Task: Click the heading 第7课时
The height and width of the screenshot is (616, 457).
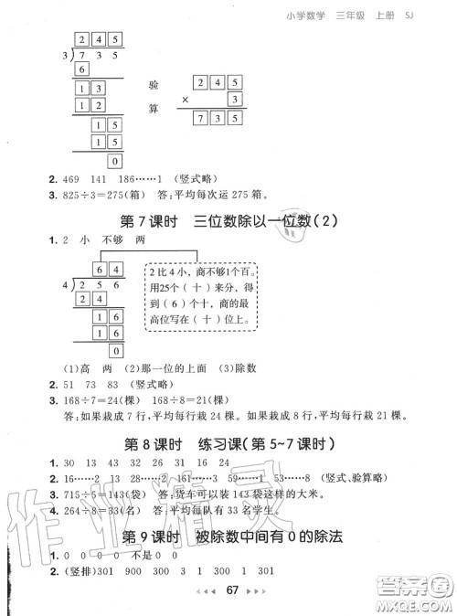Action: click(150, 222)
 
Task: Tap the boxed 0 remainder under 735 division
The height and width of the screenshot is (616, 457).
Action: click(114, 161)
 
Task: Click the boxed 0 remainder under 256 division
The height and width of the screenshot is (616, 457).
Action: click(114, 351)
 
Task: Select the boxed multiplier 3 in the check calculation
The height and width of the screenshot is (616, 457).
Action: click(234, 99)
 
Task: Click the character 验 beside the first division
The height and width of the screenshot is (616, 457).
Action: click(153, 86)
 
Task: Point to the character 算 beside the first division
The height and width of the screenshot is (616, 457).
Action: click(153, 109)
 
